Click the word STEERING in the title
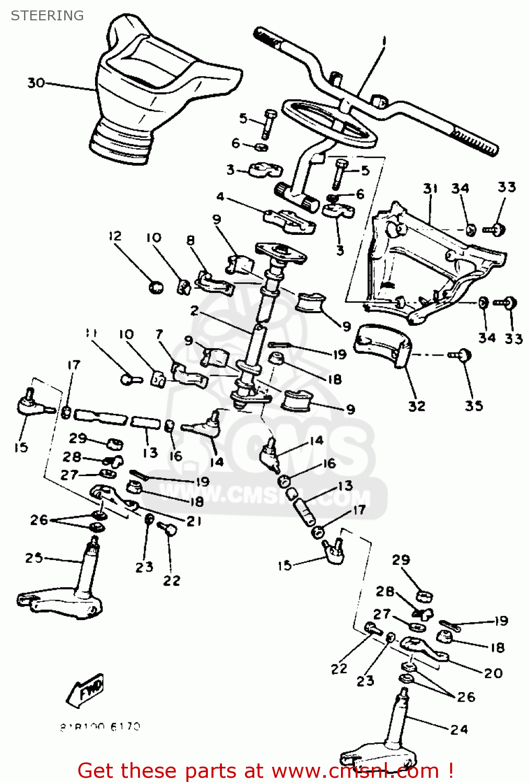47,16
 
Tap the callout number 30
36,83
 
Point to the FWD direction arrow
87,690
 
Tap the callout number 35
474,406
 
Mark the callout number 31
430,188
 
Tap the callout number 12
115,236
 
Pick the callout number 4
220,197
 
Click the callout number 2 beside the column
194,311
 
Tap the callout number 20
493,673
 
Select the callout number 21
194,521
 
